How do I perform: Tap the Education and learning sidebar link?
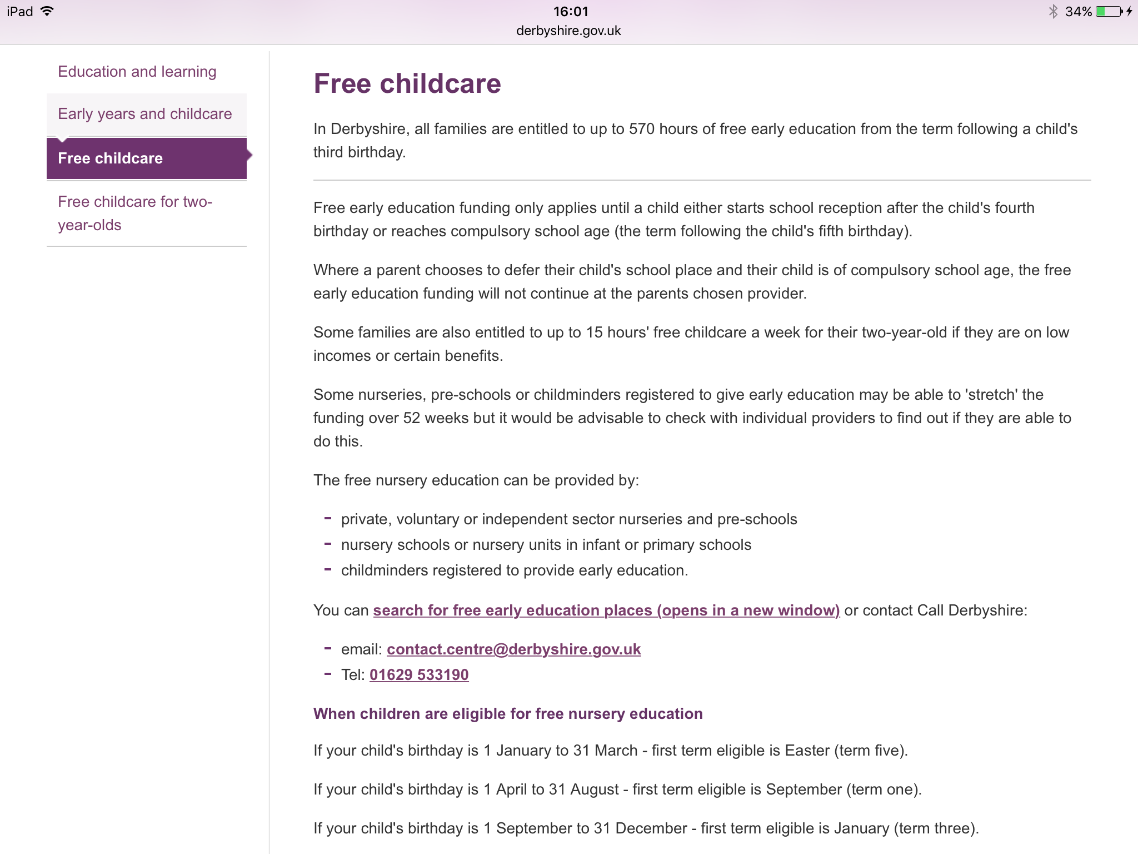(137, 72)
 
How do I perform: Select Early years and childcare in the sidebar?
(144, 114)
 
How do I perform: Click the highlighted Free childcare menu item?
(110, 158)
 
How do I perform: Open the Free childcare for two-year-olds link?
(134, 213)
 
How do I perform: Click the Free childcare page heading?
(407, 84)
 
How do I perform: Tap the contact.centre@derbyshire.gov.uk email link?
(513, 649)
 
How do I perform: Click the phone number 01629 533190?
(419, 675)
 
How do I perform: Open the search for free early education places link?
(606, 610)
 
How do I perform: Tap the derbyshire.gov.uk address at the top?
(568, 31)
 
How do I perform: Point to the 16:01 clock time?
(570, 11)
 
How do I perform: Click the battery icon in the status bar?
(1108, 11)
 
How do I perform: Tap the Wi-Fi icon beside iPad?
(48, 11)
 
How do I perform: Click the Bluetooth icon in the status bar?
(1052, 11)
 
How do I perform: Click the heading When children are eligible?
(508, 714)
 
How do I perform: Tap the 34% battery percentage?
(1078, 11)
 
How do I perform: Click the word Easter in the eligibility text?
(807, 751)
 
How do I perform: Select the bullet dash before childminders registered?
(328, 569)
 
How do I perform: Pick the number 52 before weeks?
(411, 418)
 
